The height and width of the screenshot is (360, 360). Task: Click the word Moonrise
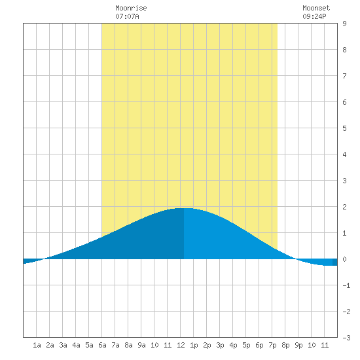(x=131, y=8)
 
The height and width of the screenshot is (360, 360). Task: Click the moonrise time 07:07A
(x=127, y=16)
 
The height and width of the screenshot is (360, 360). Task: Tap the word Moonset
(x=316, y=8)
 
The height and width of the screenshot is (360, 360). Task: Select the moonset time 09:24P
(x=314, y=16)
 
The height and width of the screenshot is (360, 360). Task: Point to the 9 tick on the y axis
(x=344, y=24)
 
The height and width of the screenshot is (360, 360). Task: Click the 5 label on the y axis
(x=344, y=128)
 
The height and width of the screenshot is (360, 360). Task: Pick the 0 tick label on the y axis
(x=344, y=259)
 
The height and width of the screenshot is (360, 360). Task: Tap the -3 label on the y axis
(x=346, y=338)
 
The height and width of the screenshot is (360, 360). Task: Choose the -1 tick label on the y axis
(x=346, y=285)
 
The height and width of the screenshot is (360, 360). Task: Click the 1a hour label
(x=37, y=345)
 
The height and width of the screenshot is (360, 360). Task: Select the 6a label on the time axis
(x=102, y=345)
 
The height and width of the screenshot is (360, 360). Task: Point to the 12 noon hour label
(x=181, y=345)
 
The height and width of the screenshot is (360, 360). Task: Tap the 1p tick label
(x=194, y=345)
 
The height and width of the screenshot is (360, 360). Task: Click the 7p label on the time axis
(x=272, y=345)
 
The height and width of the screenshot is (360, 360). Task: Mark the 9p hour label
(x=298, y=345)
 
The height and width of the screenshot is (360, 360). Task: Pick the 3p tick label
(x=220, y=345)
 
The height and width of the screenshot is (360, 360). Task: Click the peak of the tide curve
(x=185, y=208)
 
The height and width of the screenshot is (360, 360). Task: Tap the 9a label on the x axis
(x=141, y=345)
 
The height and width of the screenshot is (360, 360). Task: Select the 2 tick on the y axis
(x=344, y=207)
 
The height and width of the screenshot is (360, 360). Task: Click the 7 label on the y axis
(x=344, y=76)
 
